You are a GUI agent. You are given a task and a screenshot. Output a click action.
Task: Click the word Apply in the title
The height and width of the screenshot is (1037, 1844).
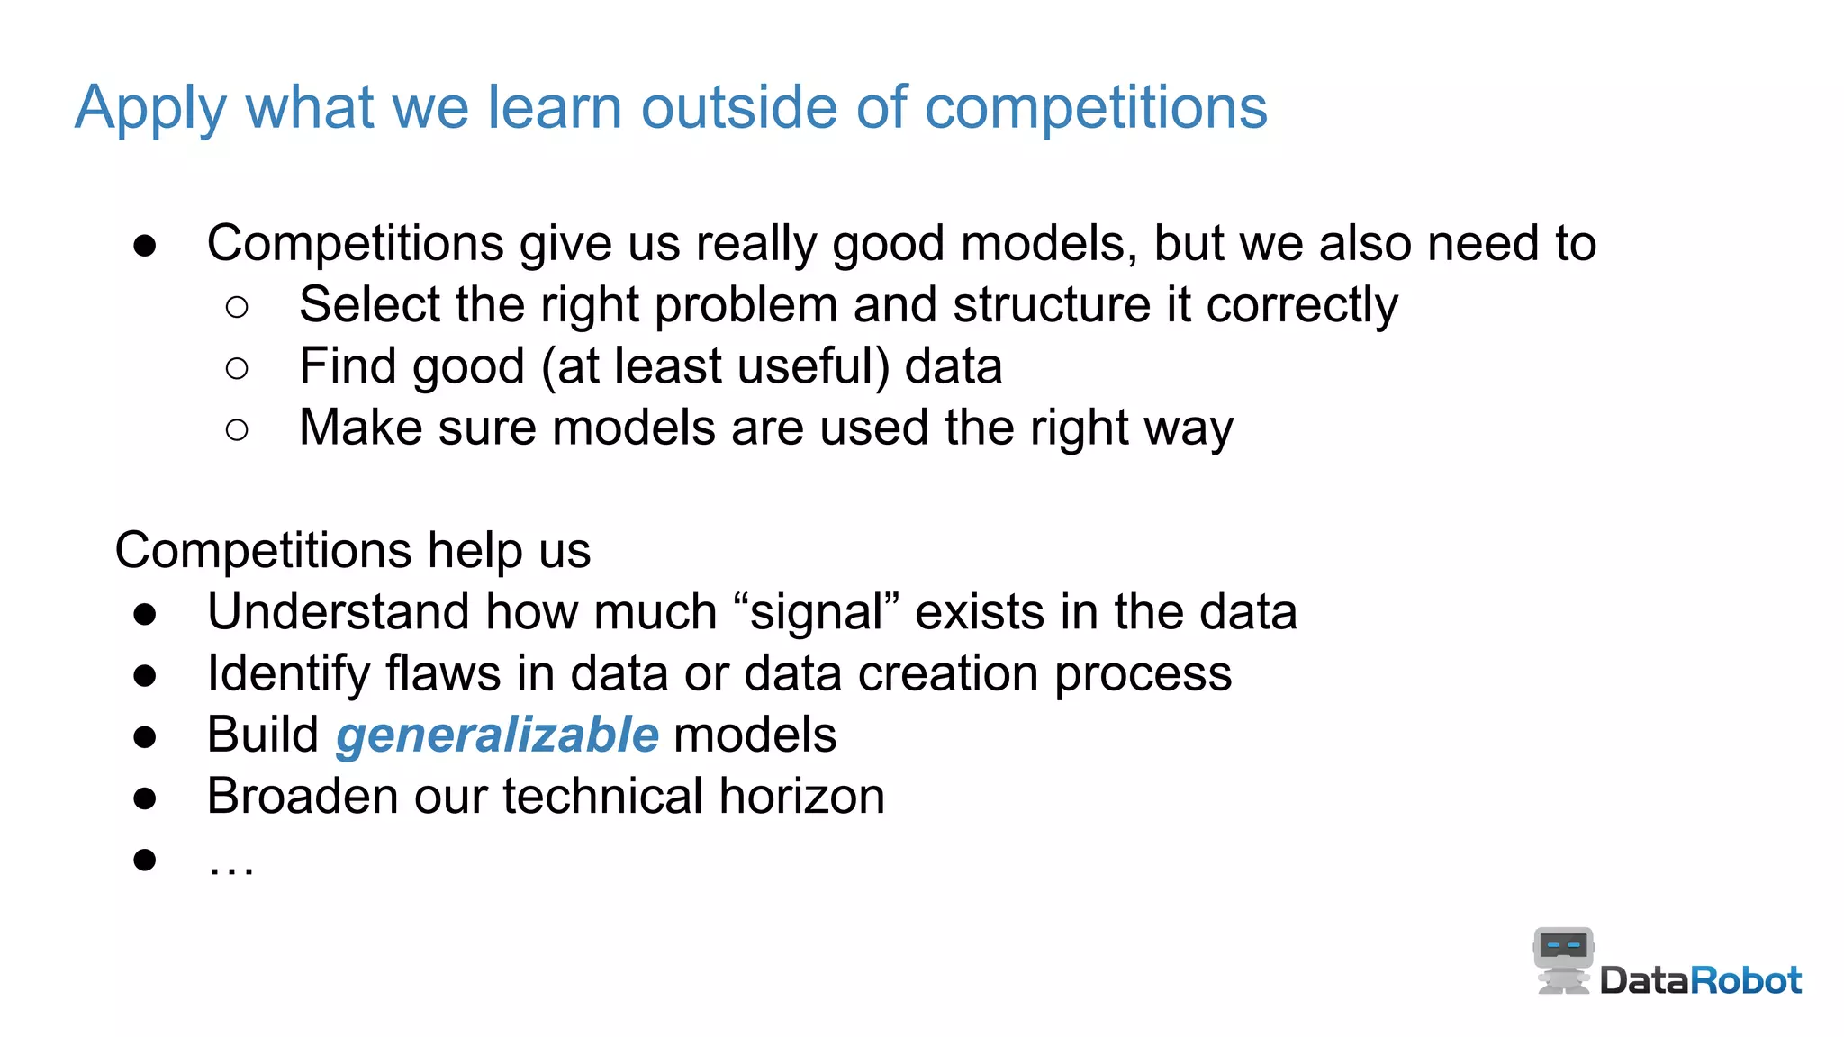coord(150,109)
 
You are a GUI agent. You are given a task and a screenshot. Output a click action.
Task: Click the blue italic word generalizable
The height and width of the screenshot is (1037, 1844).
coord(497,735)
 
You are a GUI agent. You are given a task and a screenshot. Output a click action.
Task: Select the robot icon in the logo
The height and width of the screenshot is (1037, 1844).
coord(1563,960)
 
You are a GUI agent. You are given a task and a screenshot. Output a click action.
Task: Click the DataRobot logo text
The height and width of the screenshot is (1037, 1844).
coord(1700,980)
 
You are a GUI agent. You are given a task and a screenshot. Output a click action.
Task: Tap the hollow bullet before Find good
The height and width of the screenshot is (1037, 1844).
coord(237,368)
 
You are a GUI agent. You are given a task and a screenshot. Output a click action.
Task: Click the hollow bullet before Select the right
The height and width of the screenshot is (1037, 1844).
coord(237,307)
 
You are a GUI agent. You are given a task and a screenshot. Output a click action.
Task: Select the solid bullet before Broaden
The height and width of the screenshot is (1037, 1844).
coord(145,798)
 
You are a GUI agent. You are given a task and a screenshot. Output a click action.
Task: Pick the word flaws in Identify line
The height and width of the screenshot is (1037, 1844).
coord(443,673)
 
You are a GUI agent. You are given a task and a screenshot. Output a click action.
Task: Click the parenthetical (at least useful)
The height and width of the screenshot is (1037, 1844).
coord(715,366)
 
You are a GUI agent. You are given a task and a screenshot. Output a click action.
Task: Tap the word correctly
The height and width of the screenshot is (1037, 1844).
coord(1301,305)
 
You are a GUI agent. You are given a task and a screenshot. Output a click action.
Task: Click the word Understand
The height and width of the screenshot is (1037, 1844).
coord(338,612)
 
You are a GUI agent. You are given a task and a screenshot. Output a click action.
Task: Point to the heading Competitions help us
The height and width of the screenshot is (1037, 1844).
coord(352,550)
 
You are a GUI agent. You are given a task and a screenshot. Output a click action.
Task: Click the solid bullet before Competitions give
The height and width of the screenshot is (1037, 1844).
coord(145,245)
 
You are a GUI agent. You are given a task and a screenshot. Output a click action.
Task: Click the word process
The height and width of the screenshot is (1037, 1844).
coord(1143,674)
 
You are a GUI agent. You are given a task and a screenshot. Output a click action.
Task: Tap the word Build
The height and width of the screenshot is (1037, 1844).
coord(262,735)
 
